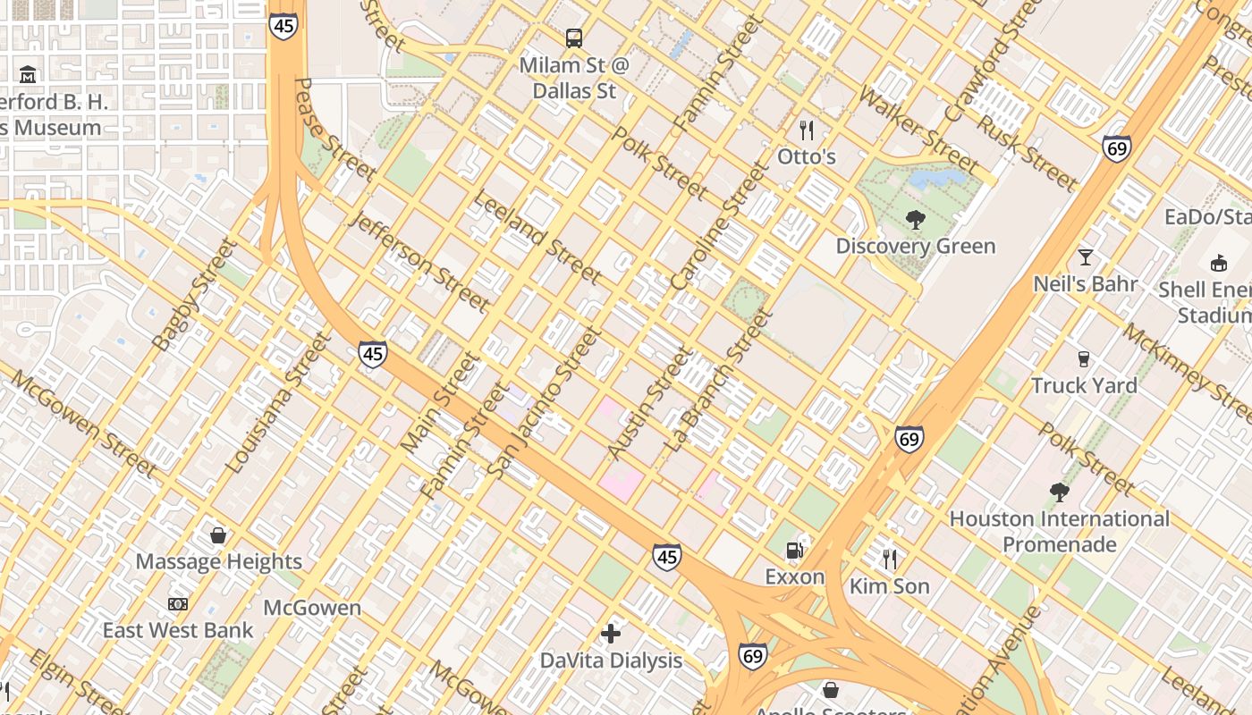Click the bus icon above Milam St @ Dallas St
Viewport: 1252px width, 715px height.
(x=574, y=38)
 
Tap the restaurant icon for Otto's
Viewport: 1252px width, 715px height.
(x=807, y=130)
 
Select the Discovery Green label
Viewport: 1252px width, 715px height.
(x=915, y=246)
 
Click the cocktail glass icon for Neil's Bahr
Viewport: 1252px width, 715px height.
(x=1086, y=257)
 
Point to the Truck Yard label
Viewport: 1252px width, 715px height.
(x=1084, y=386)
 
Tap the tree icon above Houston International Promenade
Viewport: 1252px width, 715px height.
(x=1059, y=492)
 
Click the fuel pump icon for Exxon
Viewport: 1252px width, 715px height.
(x=794, y=551)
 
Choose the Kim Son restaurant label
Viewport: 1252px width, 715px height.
(x=889, y=586)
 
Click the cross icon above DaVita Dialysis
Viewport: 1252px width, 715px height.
(x=611, y=634)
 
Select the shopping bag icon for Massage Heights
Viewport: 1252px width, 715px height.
(x=218, y=535)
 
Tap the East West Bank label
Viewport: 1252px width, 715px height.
(x=178, y=630)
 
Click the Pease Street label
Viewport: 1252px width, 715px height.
(x=334, y=129)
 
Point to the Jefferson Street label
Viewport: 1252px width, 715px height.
(x=421, y=263)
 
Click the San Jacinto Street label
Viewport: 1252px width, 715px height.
(x=545, y=401)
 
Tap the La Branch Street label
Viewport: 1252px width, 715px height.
(x=718, y=380)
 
